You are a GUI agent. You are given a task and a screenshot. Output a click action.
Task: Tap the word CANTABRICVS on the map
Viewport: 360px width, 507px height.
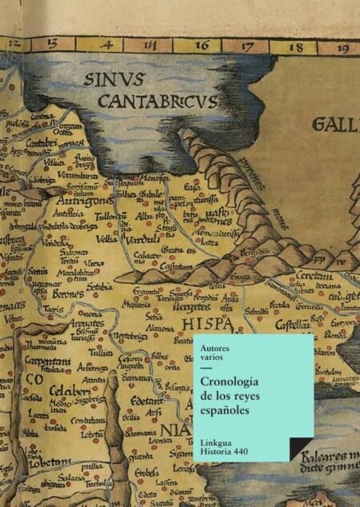pos(158,101)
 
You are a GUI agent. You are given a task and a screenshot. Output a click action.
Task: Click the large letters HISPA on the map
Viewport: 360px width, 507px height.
pos(207,325)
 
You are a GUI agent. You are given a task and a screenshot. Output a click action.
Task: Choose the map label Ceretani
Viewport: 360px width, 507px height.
pos(300,273)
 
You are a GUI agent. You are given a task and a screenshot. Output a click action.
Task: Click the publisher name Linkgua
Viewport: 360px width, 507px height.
pos(219,442)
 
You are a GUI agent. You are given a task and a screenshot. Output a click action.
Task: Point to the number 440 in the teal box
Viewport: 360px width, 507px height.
pos(238,453)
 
